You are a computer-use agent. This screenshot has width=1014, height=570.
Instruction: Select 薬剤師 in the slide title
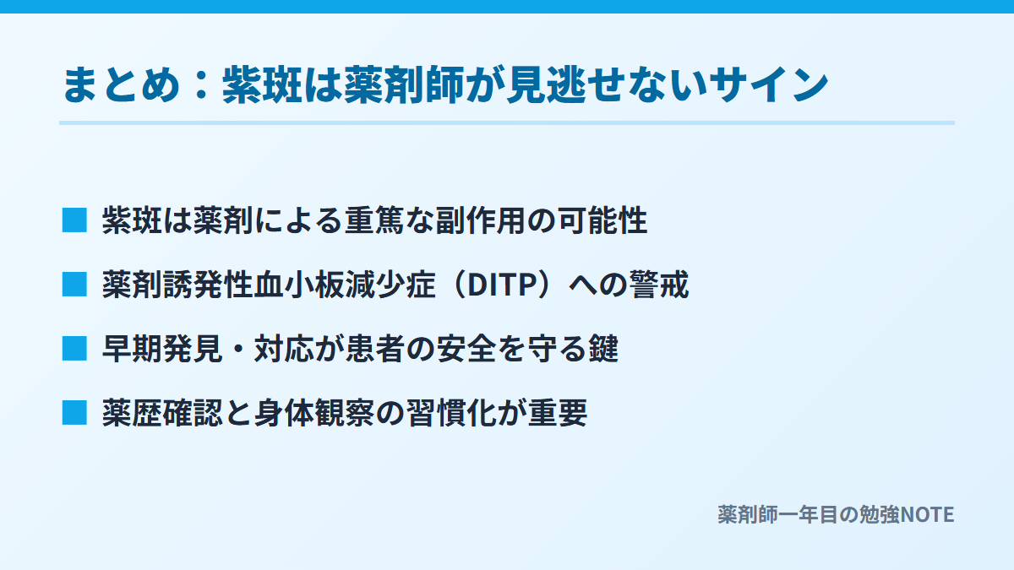[x=405, y=84]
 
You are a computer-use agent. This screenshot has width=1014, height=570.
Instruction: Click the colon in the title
[x=201, y=84]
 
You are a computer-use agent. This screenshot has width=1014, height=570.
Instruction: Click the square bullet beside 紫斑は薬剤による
[x=74, y=220]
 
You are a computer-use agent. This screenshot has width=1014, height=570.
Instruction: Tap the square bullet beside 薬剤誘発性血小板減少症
[x=74, y=284]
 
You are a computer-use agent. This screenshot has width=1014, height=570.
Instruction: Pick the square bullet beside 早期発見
[x=74, y=348]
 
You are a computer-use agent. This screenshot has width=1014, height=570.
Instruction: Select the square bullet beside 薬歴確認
[x=74, y=413]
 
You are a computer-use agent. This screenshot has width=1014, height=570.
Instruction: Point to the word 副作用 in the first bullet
[x=481, y=220]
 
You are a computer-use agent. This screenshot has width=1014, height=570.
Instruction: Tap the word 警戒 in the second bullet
[x=659, y=285]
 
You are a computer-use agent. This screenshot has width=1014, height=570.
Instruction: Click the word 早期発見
[x=162, y=349]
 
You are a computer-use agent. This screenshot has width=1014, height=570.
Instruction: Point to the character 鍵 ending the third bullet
[x=603, y=349]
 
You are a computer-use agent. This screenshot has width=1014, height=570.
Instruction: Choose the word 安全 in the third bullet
[x=466, y=349]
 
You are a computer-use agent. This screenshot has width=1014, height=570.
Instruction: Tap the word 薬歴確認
[x=162, y=413]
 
